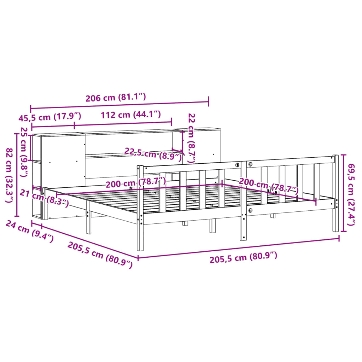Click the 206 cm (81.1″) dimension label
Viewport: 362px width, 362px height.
[116, 98]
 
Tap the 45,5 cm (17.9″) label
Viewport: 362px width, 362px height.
[49, 116]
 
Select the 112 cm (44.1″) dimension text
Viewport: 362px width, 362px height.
[131, 115]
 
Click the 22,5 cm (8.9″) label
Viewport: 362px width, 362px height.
[153, 153]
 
